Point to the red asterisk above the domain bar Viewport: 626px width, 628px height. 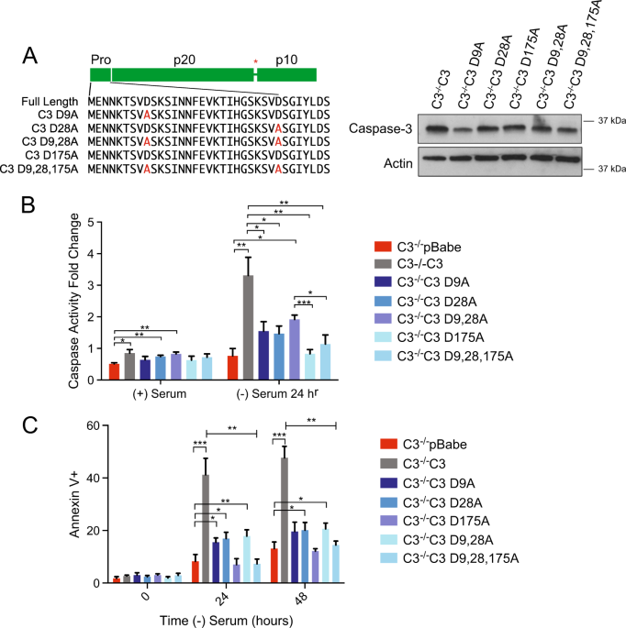pyautogui.click(x=255, y=62)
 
